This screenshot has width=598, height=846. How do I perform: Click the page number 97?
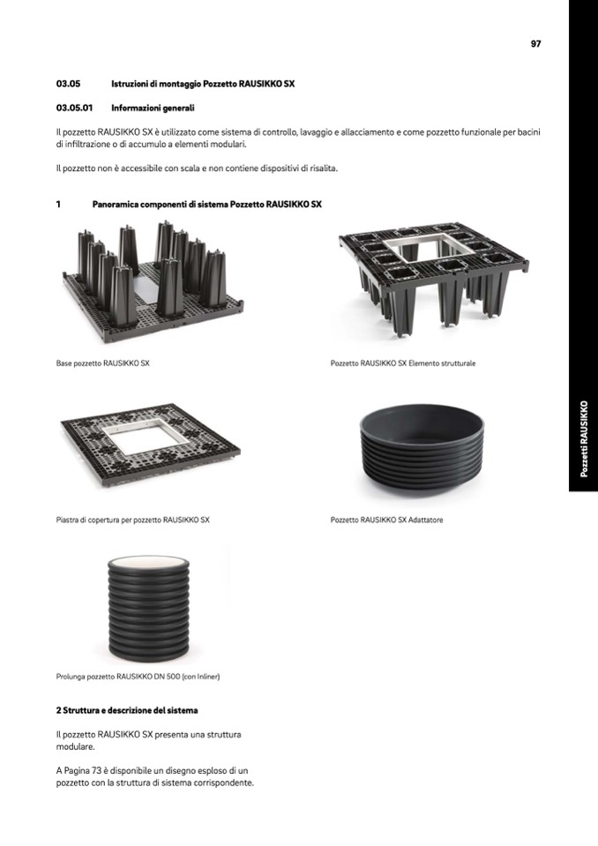[535, 44]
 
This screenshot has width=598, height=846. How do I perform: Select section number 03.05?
[68, 84]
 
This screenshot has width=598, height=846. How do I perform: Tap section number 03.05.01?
[74, 108]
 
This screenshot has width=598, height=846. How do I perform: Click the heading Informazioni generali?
[153, 108]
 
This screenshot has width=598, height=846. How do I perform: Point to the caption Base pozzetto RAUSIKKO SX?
[102, 363]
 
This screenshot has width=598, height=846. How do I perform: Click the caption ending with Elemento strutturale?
[403, 363]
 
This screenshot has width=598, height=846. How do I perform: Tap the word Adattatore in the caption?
[425, 520]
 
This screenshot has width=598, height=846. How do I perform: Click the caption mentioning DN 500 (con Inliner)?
[138, 676]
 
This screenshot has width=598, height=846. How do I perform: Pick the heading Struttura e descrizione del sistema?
[130, 710]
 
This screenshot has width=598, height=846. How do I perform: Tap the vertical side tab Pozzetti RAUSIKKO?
[583, 438]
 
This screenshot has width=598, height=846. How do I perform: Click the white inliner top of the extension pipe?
[148, 561]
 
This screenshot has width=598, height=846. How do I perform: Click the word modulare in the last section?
[76, 746]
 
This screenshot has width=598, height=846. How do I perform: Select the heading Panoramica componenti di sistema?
[206, 205]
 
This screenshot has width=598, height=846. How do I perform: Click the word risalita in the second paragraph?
[322, 168]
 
